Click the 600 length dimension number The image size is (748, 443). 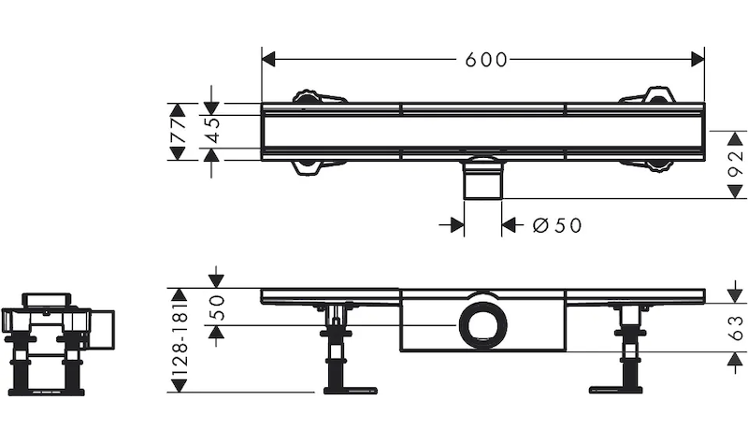(486, 60)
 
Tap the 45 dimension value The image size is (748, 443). (213, 132)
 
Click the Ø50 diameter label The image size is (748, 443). (556, 225)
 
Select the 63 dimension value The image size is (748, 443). (736, 326)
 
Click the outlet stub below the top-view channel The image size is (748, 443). (483, 179)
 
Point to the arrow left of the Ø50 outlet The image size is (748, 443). (456, 225)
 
